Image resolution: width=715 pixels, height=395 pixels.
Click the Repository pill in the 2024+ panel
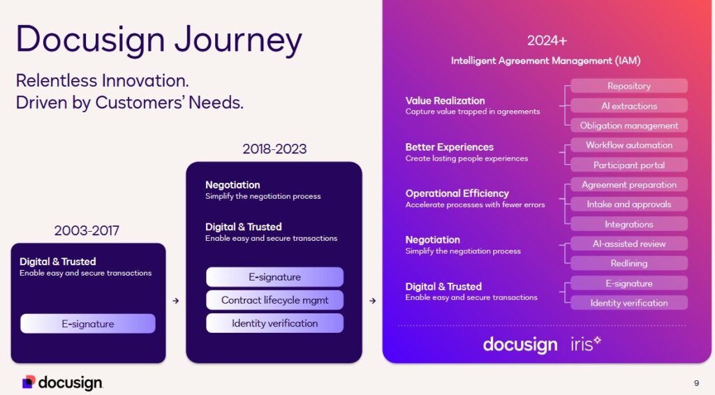pyautogui.click(x=628, y=86)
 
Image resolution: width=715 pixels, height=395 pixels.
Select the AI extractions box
pyautogui.click(x=628, y=106)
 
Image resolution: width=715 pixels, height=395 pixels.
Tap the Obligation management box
pyautogui.click(x=628, y=126)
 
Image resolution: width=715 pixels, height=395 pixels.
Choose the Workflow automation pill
pyautogui.click(x=628, y=145)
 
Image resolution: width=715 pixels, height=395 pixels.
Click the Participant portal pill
pyautogui.click(x=628, y=165)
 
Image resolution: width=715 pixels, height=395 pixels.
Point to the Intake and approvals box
pyautogui.click(x=628, y=204)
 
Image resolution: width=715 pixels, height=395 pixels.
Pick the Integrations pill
pyautogui.click(x=628, y=224)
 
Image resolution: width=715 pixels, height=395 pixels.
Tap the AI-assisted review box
pyautogui.click(x=628, y=244)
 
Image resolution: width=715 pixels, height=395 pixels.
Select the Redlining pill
pyautogui.click(x=628, y=263)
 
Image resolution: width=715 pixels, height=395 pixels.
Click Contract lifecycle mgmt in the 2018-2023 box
pyautogui.click(x=274, y=300)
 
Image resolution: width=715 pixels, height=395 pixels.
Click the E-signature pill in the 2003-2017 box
pyautogui.click(x=88, y=324)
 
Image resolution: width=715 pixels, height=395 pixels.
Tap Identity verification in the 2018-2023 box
pyautogui.click(x=274, y=323)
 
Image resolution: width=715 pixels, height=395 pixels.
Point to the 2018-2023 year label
pyautogui.click(x=274, y=149)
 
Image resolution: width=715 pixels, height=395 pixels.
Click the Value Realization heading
pyautogui.click(x=445, y=100)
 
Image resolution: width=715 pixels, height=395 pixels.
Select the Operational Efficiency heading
pyautogui.click(x=457, y=193)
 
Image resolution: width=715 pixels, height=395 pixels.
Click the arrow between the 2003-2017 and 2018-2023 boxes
pyautogui.click(x=175, y=301)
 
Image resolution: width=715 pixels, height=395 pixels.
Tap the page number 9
pyautogui.click(x=696, y=382)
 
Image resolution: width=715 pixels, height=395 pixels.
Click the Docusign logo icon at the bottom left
pyautogui.click(x=29, y=382)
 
